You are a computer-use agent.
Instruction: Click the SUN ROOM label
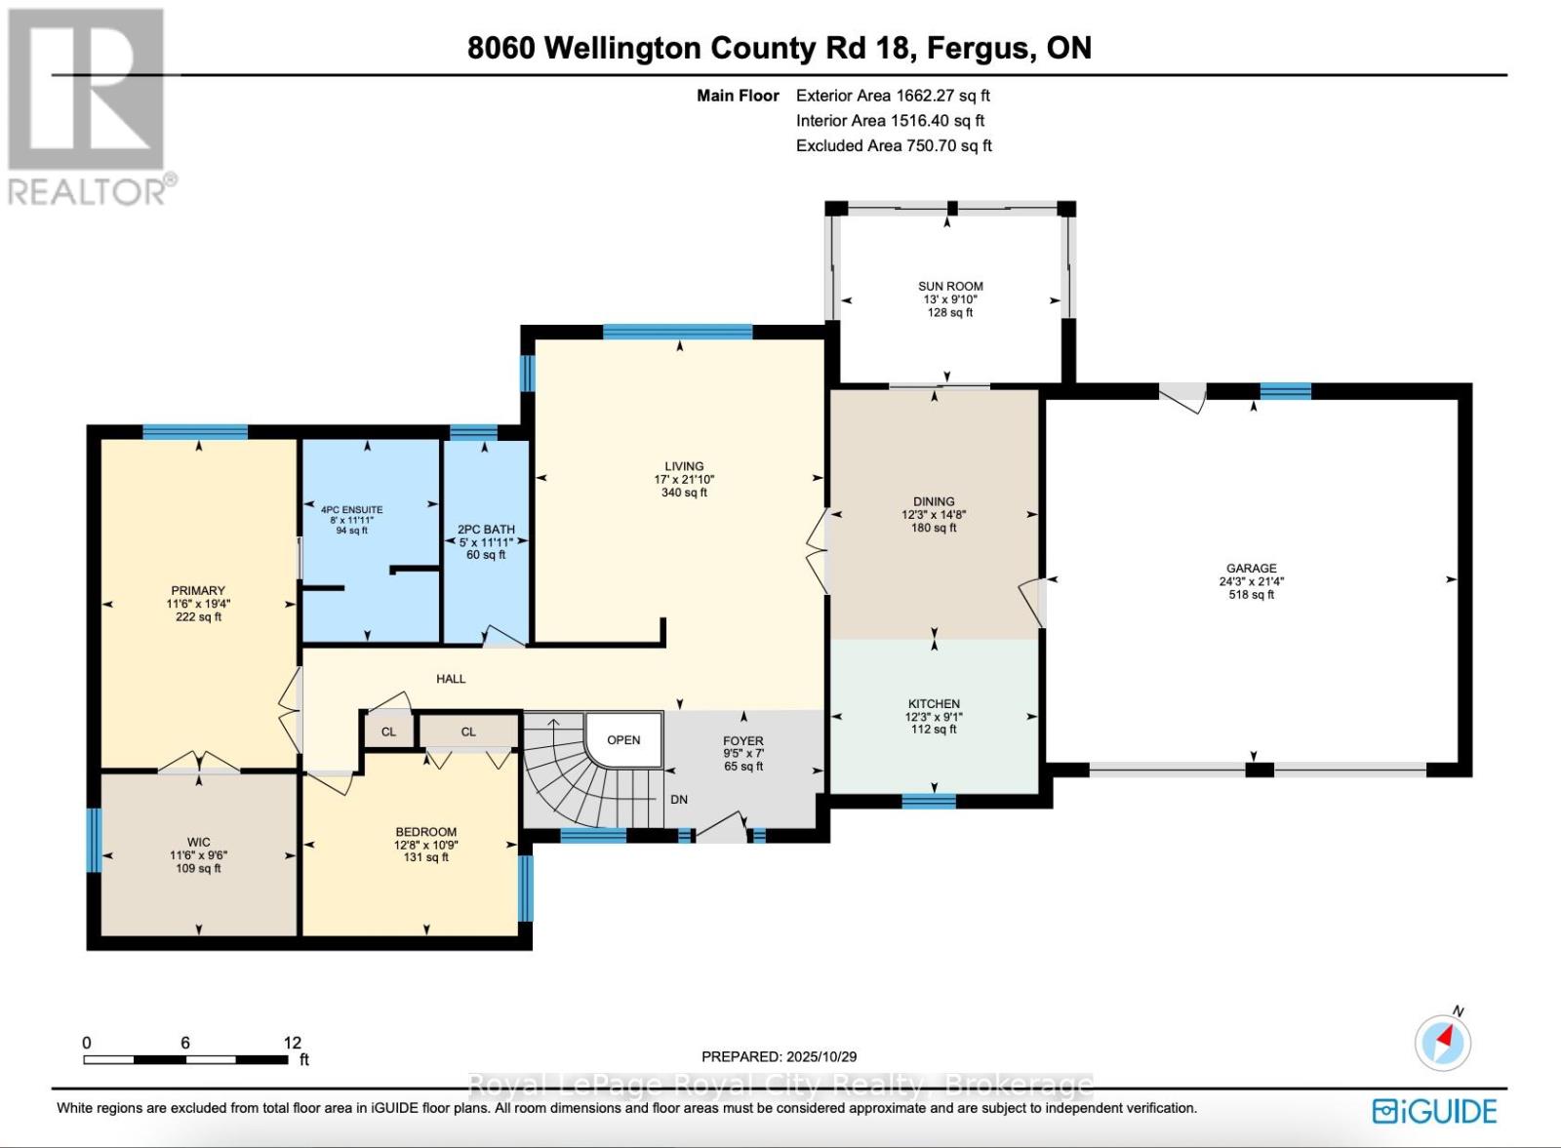click(950, 287)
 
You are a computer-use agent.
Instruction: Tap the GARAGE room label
click(1252, 568)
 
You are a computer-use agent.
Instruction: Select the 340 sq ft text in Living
click(684, 493)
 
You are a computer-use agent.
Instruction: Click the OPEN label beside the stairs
click(623, 740)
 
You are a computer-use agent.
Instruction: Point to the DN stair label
click(679, 800)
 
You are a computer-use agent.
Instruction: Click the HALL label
click(451, 679)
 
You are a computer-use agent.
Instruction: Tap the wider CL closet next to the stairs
click(468, 732)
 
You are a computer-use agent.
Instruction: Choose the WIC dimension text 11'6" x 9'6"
click(198, 855)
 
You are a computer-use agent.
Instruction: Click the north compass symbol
click(1443, 1043)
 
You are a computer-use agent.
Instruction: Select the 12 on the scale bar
click(292, 1043)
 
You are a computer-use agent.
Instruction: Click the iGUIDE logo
click(1434, 1111)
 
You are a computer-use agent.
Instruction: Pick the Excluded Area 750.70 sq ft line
click(894, 146)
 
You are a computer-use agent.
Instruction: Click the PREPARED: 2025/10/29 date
click(779, 1056)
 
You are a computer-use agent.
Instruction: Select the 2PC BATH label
click(486, 530)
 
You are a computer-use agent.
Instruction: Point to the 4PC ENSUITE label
click(351, 509)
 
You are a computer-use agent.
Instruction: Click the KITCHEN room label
click(934, 703)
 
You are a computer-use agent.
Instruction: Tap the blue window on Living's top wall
click(677, 333)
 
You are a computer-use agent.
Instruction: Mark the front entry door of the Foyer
click(722, 830)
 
